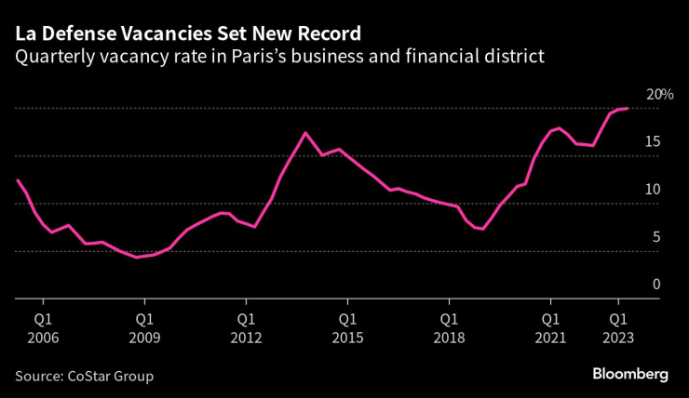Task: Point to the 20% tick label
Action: click(x=660, y=95)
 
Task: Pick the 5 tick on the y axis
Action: click(x=655, y=237)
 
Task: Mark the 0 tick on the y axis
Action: click(x=655, y=285)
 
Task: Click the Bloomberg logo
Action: click(x=630, y=374)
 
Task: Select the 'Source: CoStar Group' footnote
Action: click(x=84, y=376)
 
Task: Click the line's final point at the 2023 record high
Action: click(x=628, y=109)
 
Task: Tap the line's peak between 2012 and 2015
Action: click(x=304, y=133)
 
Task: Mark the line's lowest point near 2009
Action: click(x=136, y=257)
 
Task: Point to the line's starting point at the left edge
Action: click(x=17, y=179)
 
